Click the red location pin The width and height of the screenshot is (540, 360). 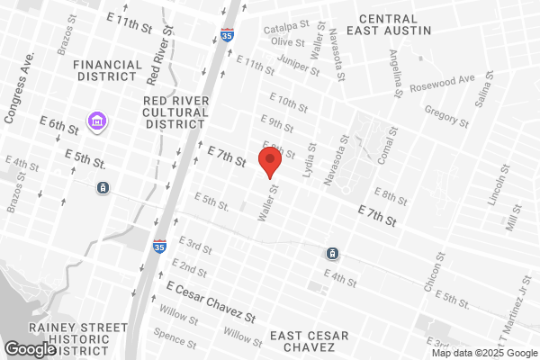pos(270,163)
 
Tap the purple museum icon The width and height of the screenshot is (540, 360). pos(95,120)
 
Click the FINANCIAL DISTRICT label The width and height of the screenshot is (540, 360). pos(108,71)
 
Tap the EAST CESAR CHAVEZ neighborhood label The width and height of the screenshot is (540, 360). pos(309,341)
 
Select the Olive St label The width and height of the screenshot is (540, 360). pos(289,41)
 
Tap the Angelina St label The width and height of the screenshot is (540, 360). pos(396,73)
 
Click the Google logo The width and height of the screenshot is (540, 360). pos(31,349)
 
